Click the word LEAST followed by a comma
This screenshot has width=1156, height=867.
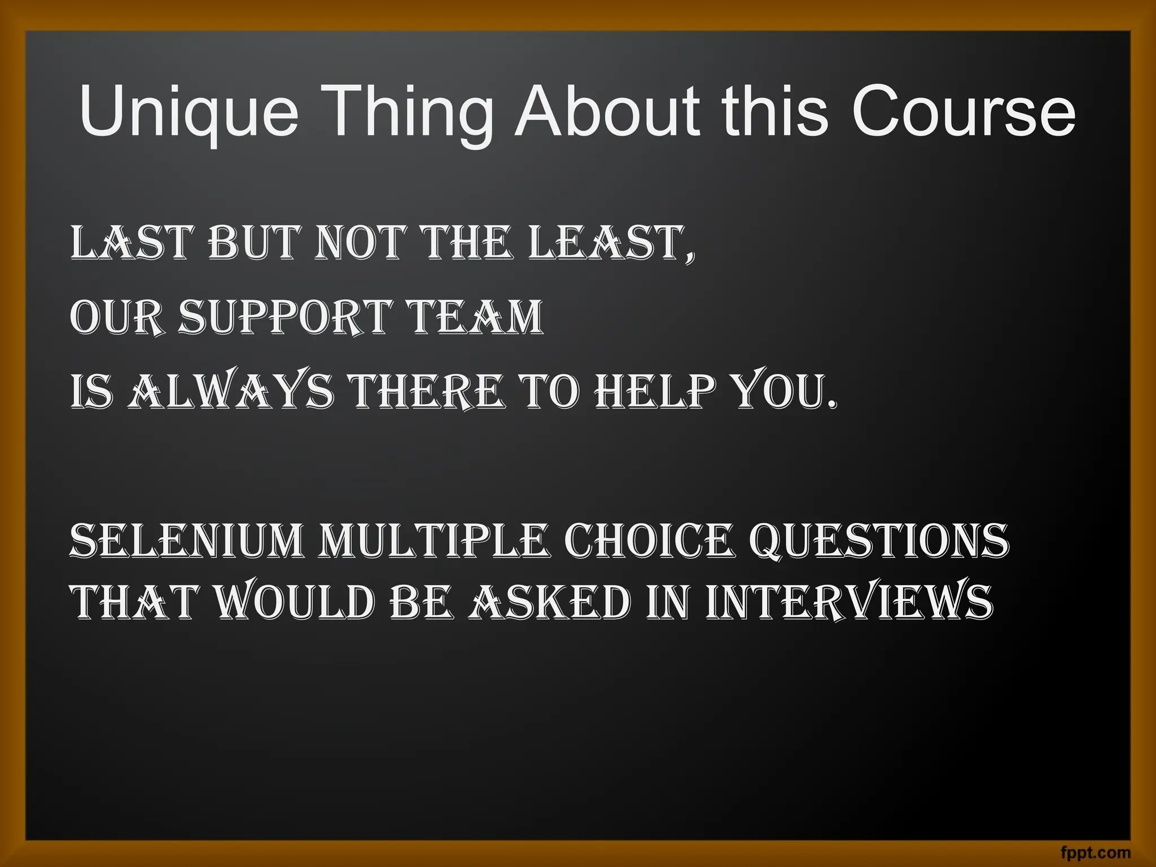click(x=606, y=243)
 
